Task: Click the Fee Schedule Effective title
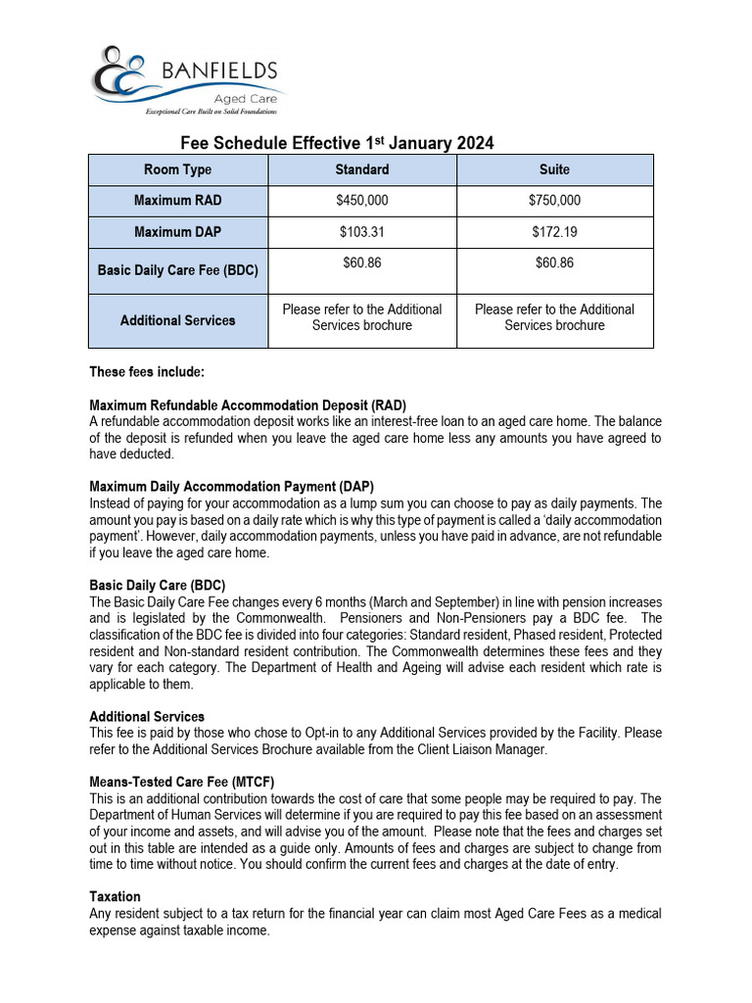tap(337, 143)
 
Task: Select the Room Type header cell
tap(177, 169)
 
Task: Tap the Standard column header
tap(361, 169)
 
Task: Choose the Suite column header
tap(554, 169)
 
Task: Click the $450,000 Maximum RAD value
tap(361, 200)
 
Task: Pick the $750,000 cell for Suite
tap(554, 200)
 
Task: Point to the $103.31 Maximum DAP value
tap(361, 232)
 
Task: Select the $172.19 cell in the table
tap(554, 232)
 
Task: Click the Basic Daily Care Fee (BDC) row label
tap(177, 270)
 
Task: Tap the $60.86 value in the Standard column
tap(361, 263)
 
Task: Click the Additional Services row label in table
tap(177, 320)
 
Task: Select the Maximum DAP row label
tap(177, 232)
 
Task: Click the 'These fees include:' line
tap(147, 372)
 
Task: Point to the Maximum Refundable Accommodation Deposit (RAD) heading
tap(248, 405)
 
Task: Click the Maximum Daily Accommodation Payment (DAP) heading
tap(231, 487)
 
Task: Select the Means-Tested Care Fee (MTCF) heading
tap(182, 782)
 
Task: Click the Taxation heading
tap(115, 896)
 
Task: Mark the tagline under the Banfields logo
tap(211, 113)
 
